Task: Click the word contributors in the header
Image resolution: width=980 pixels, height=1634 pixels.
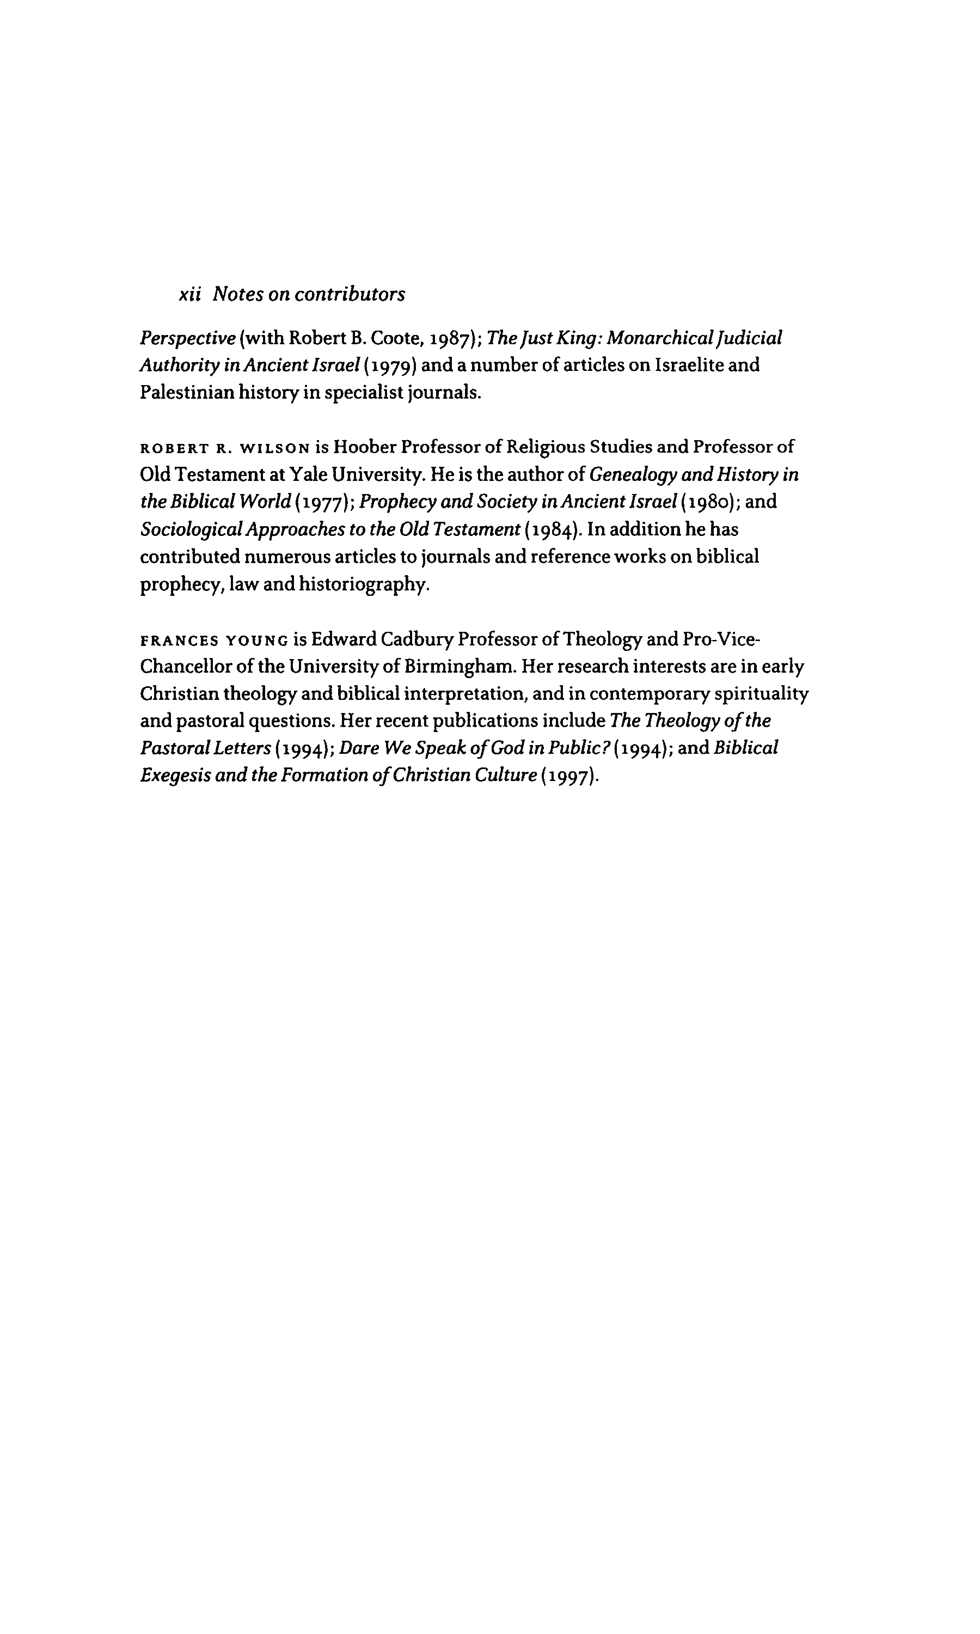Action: point(350,294)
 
